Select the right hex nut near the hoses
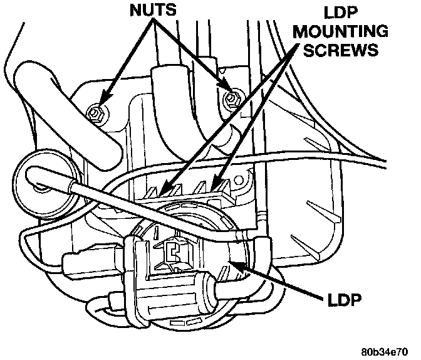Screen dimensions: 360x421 click(231, 97)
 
